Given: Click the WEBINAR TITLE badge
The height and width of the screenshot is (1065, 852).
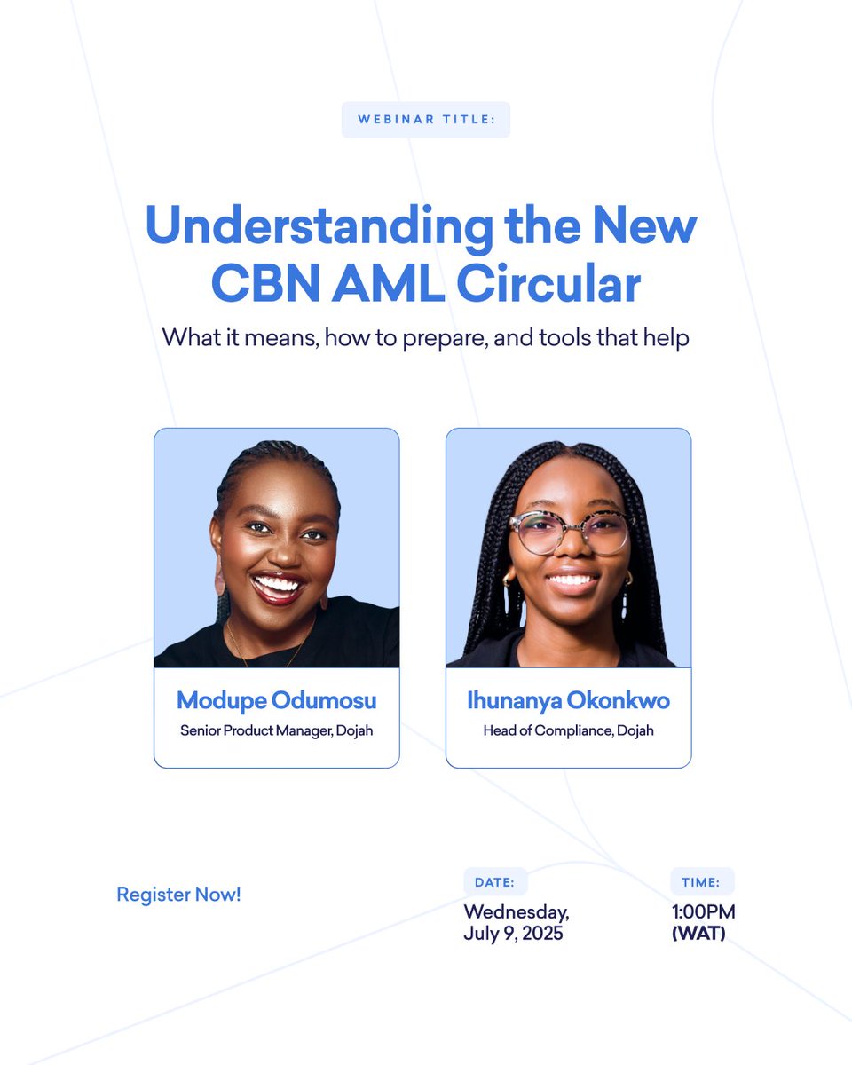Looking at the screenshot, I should point(426,120).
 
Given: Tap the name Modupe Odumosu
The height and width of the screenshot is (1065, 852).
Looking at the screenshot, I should point(277,700).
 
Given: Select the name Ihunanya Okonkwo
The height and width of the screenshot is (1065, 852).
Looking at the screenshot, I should point(568,700).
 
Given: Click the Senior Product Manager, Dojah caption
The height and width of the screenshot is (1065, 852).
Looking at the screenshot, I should point(277,731).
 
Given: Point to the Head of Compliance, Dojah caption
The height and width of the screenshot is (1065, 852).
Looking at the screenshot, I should point(568,731).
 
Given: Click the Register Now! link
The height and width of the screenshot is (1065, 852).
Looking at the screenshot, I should point(178,895).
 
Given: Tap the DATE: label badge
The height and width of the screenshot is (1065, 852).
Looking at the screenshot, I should point(495,882).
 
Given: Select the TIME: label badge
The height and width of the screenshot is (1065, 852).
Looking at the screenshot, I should point(701,882).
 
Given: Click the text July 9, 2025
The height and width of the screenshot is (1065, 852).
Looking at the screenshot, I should point(513,934).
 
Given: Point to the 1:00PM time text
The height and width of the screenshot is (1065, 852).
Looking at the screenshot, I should point(703,912).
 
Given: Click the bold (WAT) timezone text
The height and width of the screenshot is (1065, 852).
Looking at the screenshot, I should point(698,934).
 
